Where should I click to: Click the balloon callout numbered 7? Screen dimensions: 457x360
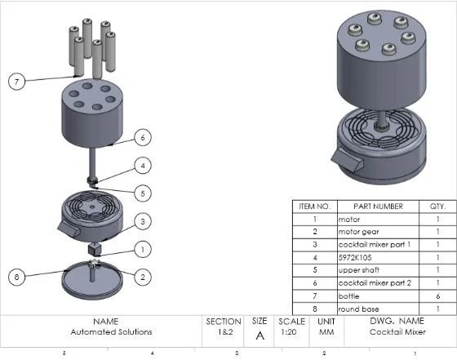(x=16, y=82)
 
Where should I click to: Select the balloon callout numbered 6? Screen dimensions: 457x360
(x=143, y=138)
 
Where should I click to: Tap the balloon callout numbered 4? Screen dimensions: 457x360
(x=143, y=166)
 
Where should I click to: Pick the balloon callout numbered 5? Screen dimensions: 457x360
(x=143, y=193)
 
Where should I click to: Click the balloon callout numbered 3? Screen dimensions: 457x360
(x=143, y=221)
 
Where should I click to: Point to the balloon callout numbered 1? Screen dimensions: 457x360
(x=143, y=250)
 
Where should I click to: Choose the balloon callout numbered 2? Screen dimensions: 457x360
(x=143, y=277)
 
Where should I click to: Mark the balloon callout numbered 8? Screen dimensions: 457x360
(x=16, y=277)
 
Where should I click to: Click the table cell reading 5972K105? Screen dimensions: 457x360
(x=378, y=258)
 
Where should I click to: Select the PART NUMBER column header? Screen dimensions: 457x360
(x=378, y=207)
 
